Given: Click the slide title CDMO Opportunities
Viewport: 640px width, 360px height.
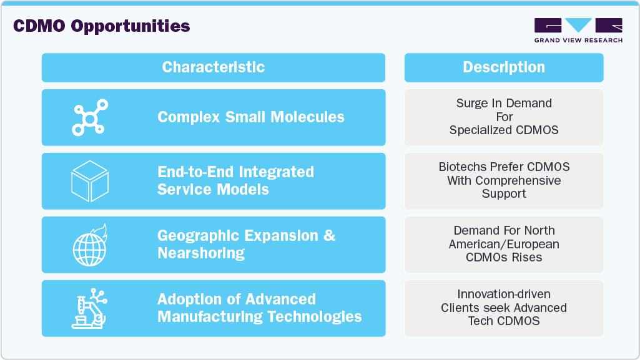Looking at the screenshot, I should pyautogui.click(x=101, y=26).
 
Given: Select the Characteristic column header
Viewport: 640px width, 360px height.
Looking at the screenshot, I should pyautogui.click(x=213, y=67).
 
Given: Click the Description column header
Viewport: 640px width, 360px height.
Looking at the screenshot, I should pyautogui.click(x=503, y=67).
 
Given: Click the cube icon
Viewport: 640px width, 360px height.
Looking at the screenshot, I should pyautogui.click(x=90, y=181).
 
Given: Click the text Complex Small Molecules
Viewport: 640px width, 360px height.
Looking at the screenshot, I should pyautogui.click(x=250, y=117).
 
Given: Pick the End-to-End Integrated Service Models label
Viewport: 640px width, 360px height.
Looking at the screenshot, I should pyautogui.click(x=235, y=180).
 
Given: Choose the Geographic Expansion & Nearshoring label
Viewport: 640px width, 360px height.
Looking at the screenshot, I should pyautogui.click(x=246, y=244).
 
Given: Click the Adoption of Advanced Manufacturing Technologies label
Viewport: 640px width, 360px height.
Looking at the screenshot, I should pyautogui.click(x=259, y=308).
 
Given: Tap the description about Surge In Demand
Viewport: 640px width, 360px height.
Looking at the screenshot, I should pyautogui.click(x=504, y=117).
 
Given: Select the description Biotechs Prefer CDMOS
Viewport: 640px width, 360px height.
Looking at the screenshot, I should pyautogui.click(x=504, y=180).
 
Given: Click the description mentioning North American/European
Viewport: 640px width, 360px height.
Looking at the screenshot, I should pyautogui.click(x=504, y=244).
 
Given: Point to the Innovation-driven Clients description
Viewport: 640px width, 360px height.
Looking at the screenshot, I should pyautogui.click(x=504, y=308).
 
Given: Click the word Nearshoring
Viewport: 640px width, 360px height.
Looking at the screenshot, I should pyautogui.click(x=200, y=253).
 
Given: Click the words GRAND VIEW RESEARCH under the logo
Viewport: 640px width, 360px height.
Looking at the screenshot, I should pyautogui.click(x=578, y=41).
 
